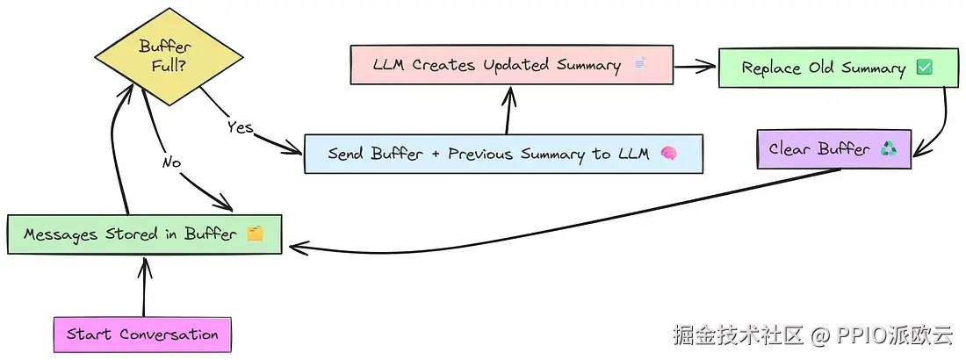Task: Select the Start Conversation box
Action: (x=142, y=335)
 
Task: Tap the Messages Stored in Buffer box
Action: (x=144, y=234)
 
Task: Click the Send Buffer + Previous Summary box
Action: (x=502, y=154)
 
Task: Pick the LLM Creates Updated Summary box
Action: (x=511, y=65)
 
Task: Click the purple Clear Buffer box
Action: (x=833, y=148)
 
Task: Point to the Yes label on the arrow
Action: (x=240, y=127)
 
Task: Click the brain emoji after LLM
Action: (x=668, y=154)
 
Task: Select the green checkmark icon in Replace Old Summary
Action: (x=924, y=68)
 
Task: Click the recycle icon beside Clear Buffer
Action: (x=889, y=148)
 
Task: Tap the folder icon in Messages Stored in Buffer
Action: (x=255, y=234)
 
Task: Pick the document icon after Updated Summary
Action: (x=638, y=65)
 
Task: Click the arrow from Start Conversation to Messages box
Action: (x=143, y=286)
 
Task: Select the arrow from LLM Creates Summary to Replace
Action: (x=696, y=64)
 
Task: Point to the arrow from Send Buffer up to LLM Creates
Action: (x=508, y=110)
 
